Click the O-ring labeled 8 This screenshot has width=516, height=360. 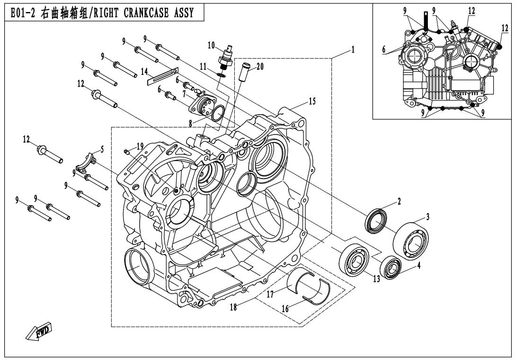218,114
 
